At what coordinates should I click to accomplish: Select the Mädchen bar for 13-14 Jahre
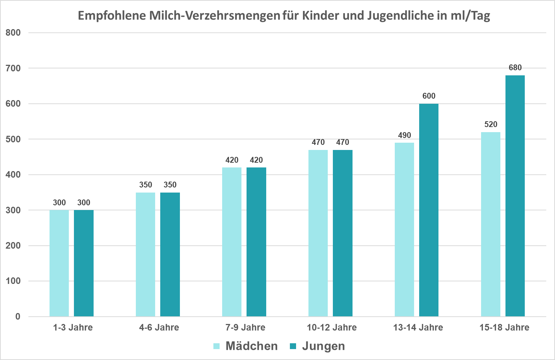[x=404, y=229]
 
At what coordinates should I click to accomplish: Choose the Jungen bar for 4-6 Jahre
[x=170, y=254]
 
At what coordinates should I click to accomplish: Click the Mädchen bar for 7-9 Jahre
[x=232, y=242]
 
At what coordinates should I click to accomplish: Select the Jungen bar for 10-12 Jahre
[x=343, y=233]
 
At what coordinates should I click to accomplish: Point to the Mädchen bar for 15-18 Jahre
[x=491, y=224]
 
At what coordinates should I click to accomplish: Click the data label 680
[x=515, y=68]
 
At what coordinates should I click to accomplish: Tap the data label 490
[x=404, y=135]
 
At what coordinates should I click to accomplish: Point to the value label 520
[x=491, y=124]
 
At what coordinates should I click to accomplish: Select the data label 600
[x=429, y=96]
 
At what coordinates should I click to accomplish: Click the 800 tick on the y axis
[x=13, y=33]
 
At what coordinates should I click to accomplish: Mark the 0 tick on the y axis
[x=18, y=317]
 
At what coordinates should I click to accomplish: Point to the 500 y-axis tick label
[x=13, y=139]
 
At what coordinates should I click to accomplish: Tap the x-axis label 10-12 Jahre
[x=331, y=328]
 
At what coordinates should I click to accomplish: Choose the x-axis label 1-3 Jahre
[x=73, y=328]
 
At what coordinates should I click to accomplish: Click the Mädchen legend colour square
[x=217, y=346]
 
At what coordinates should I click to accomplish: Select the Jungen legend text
[x=323, y=346]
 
